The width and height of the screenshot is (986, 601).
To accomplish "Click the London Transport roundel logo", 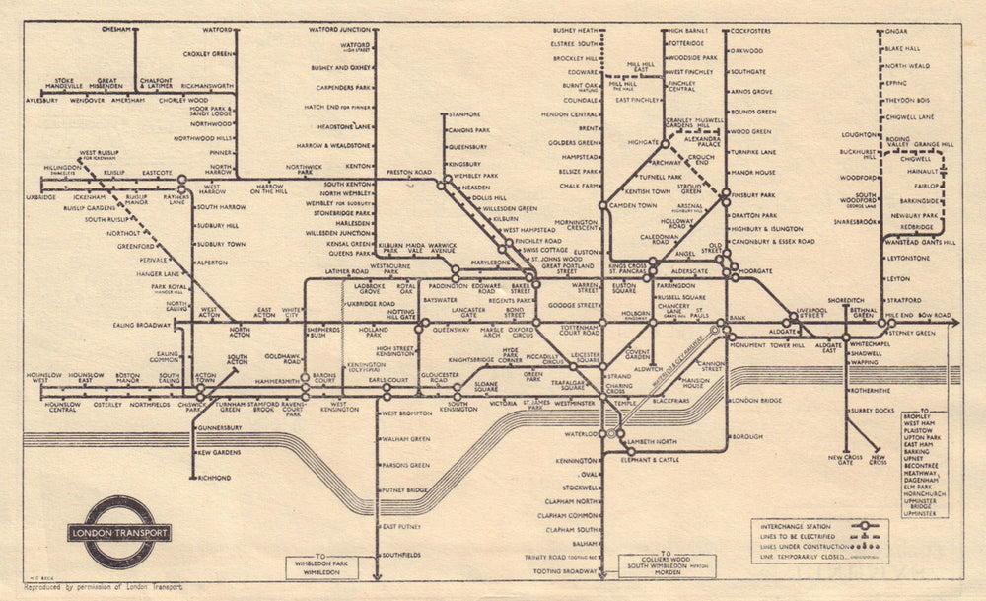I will [119, 532].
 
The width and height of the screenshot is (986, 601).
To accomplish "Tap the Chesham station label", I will [116, 29].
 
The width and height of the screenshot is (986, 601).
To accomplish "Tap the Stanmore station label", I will [464, 115].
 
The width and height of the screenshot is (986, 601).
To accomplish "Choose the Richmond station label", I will [214, 478].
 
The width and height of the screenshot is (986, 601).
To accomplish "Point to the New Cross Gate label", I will [845, 461].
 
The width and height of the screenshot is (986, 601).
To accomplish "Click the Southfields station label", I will [402, 555].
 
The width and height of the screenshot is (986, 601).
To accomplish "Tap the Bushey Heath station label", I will [577, 31].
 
